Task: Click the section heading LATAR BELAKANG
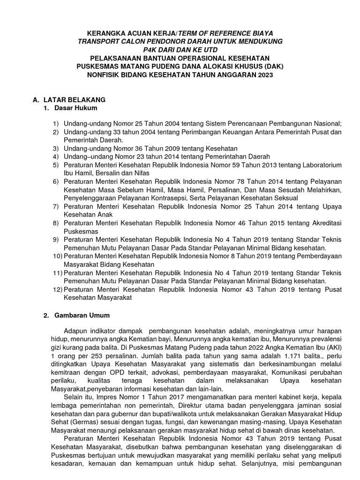coord(74,100)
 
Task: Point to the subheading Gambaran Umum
coord(83,315)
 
